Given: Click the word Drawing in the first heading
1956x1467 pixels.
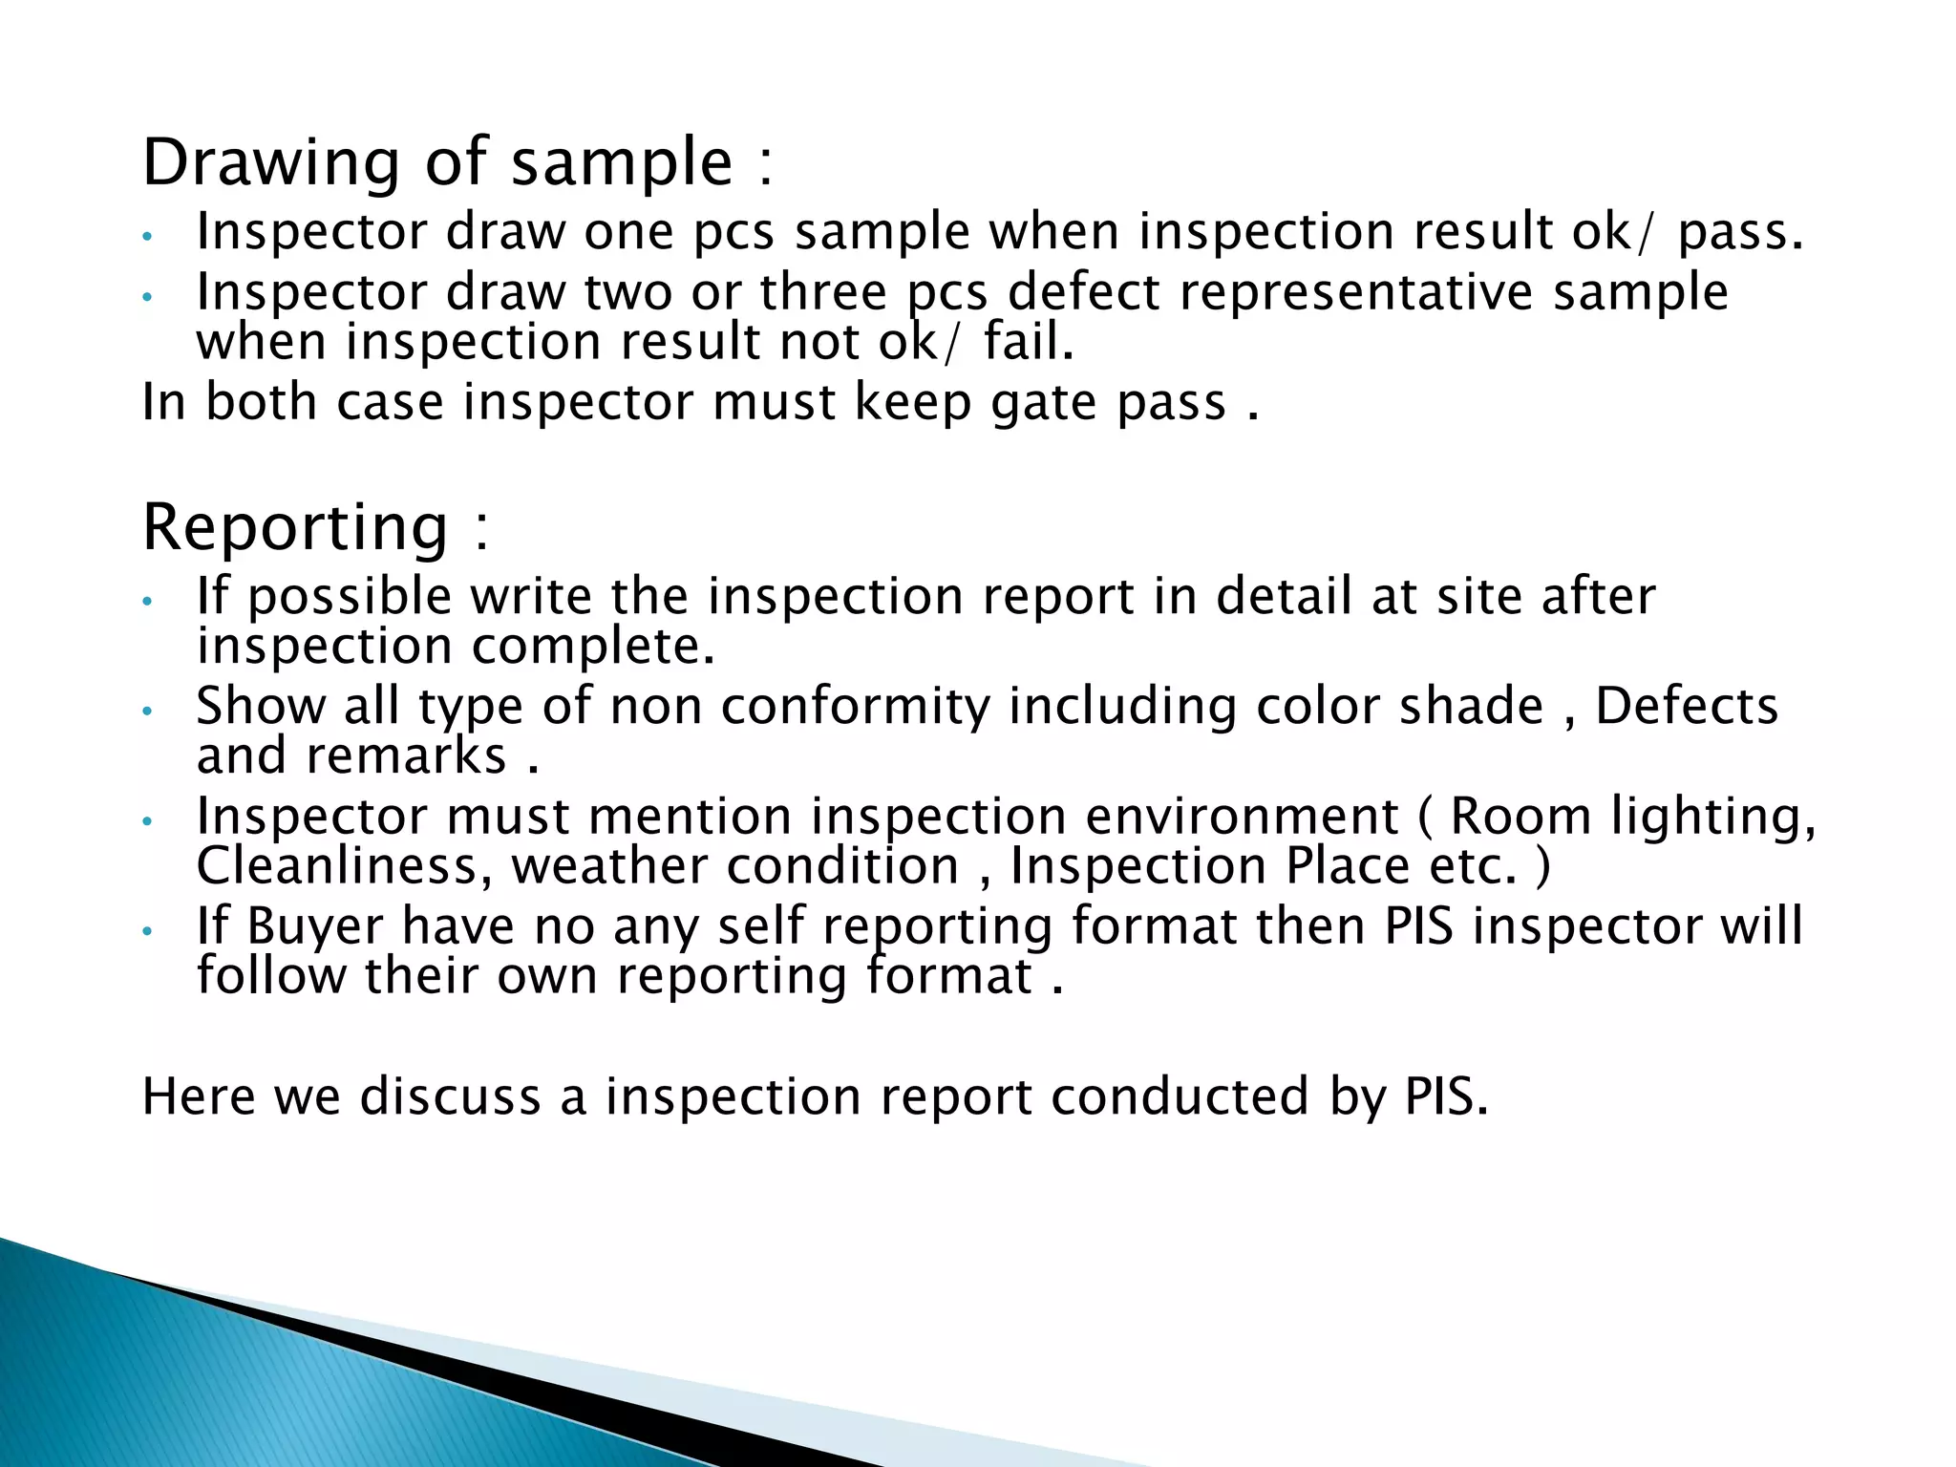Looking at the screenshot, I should (270, 163).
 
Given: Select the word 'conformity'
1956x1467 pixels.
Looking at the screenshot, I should (856, 707).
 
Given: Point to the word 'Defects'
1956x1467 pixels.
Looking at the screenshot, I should (1687, 707).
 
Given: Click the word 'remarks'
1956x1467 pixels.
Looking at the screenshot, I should (406, 756).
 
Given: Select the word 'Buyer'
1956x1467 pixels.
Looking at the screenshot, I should (314, 926).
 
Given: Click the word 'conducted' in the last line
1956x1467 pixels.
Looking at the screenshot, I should (1180, 1096).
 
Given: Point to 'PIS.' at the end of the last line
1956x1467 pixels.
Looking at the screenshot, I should (1446, 1096).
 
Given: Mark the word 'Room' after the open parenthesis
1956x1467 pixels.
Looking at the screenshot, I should (1520, 817).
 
